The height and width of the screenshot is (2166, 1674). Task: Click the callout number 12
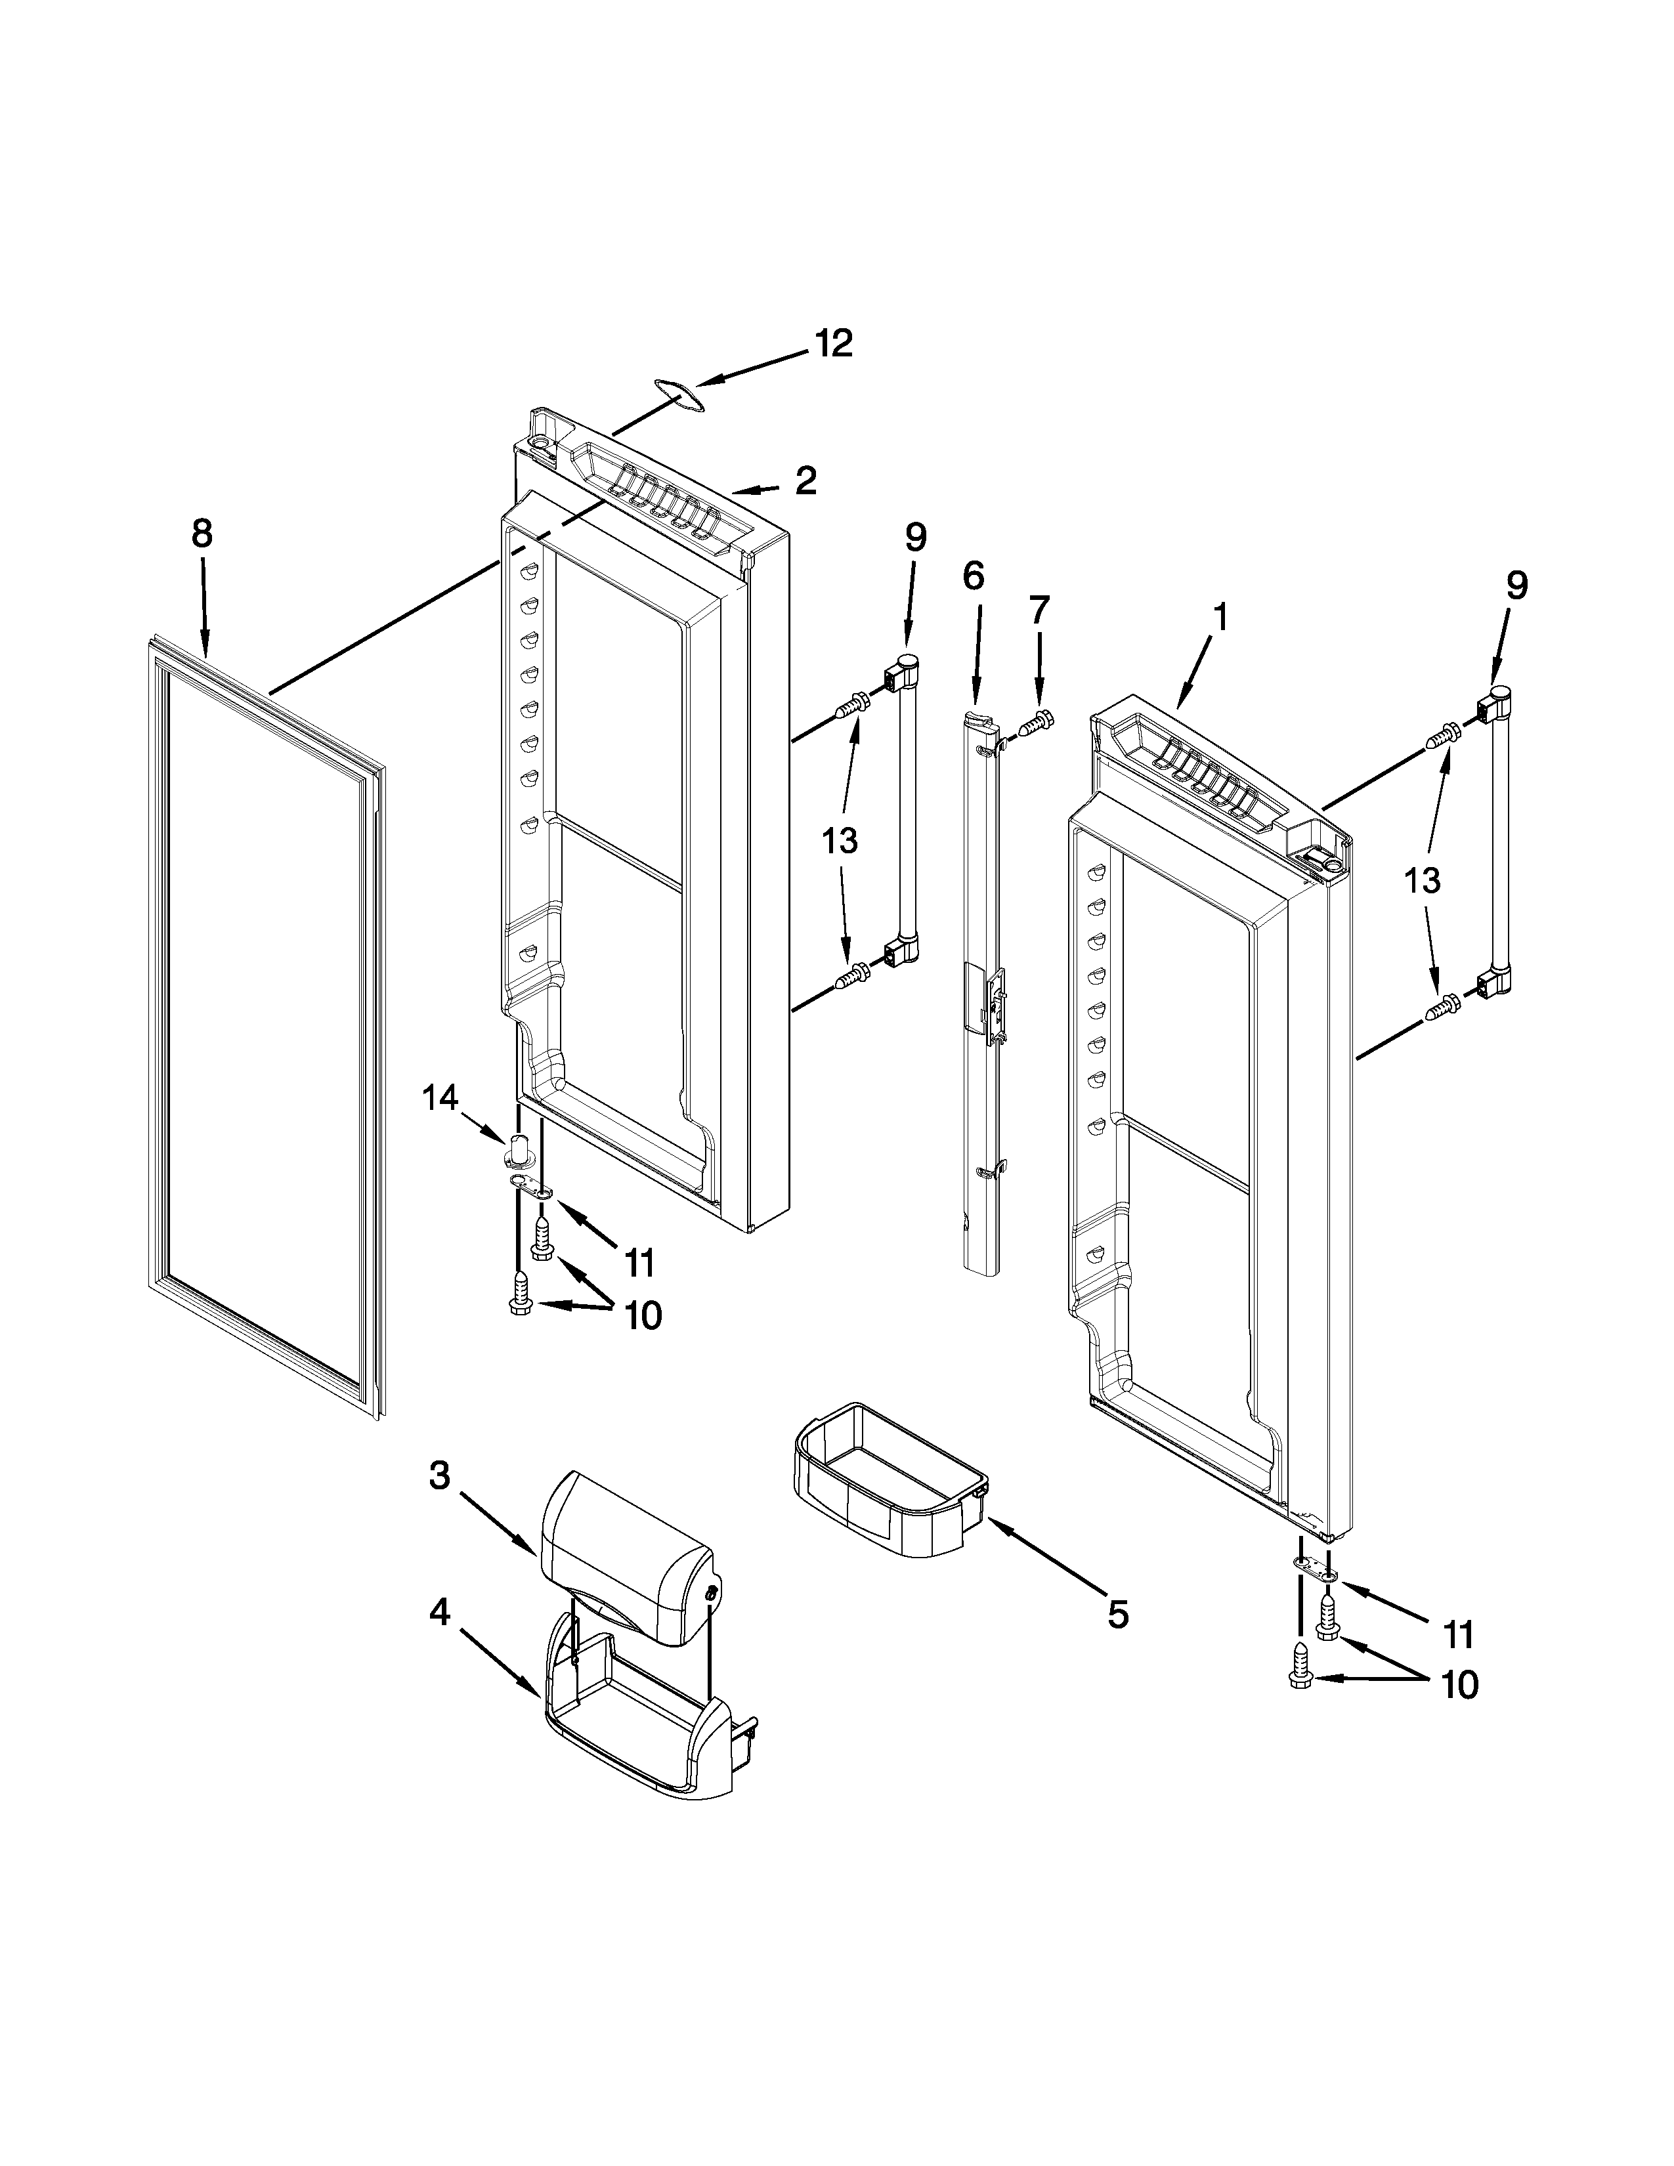coord(833,344)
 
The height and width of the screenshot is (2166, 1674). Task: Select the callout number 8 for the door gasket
coord(202,534)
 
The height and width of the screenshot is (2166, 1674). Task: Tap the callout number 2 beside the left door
coord(805,481)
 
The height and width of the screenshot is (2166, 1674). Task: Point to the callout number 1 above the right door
coord(1220,618)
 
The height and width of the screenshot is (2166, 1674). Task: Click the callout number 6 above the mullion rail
coord(973,575)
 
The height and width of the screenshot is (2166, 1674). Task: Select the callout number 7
coord(1039,609)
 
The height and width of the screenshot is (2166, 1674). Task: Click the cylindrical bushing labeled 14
coord(520,1151)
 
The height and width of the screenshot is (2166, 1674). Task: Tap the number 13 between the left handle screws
coord(839,841)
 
